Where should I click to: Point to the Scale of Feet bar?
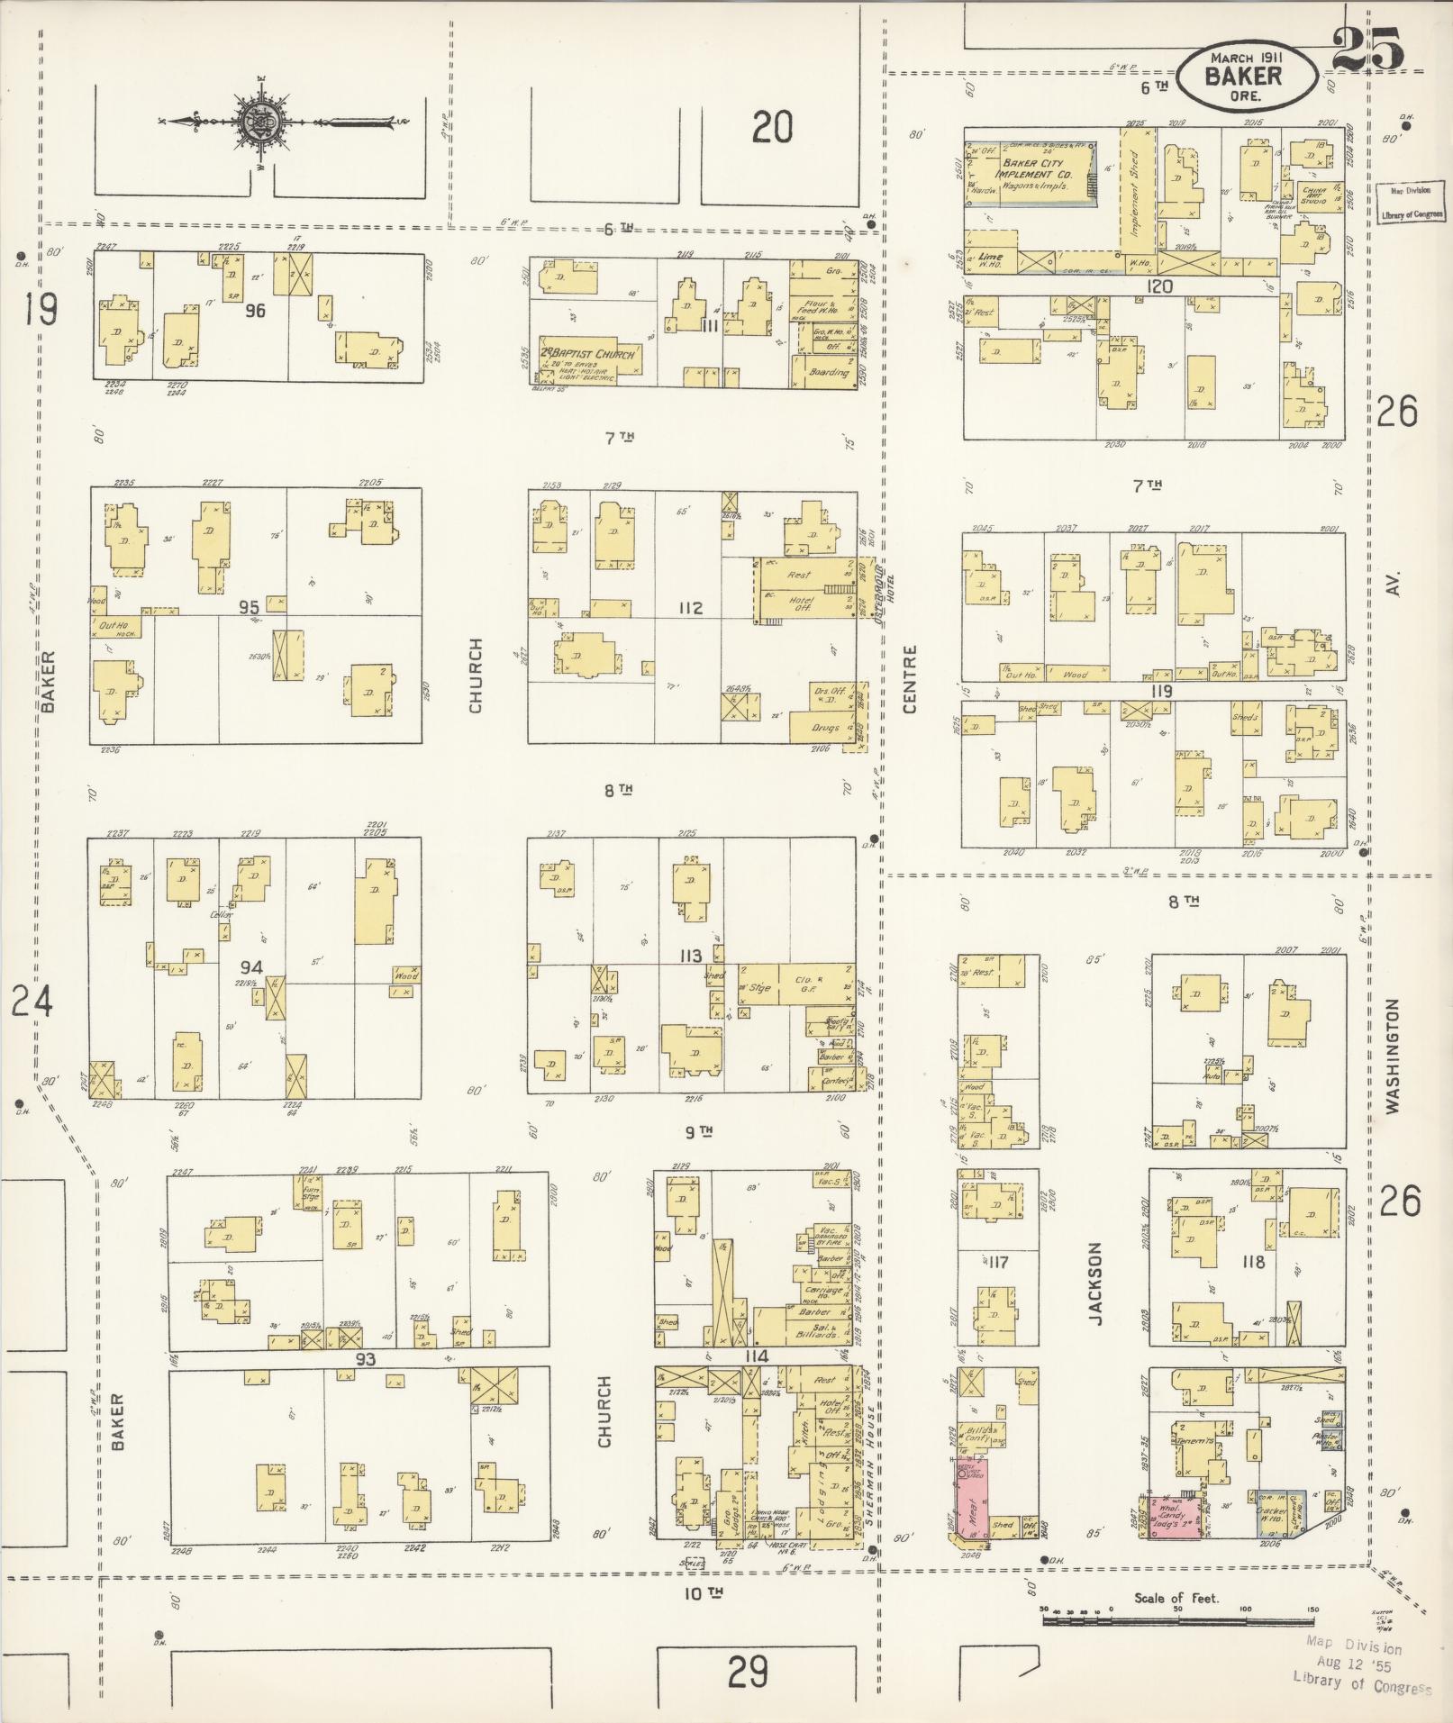tap(1176, 1620)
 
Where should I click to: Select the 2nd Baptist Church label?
tap(588, 353)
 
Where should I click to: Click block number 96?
tap(256, 311)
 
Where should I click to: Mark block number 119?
tap(1160, 692)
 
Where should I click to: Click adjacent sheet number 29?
tap(748, 1673)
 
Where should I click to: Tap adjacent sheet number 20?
tap(772, 127)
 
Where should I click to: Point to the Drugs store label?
tap(824, 728)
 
